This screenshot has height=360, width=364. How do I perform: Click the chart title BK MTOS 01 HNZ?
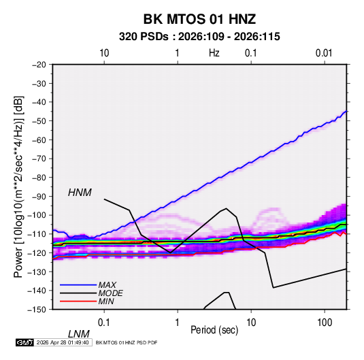click(x=199, y=19)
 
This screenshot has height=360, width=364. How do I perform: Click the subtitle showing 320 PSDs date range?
click(x=199, y=37)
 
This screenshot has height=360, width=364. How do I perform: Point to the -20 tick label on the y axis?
click(x=39, y=65)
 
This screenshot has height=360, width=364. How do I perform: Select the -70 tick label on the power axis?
click(x=39, y=159)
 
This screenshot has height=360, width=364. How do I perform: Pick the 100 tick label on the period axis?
click(x=325, y=323)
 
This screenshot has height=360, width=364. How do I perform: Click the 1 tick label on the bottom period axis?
click(x=178, y=323)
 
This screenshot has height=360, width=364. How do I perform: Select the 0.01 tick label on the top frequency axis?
click(x=324, y=53)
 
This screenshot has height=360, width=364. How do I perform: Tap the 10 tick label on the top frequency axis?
click(x=104, y=53)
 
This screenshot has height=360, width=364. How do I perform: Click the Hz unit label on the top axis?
click(x=214, y=53)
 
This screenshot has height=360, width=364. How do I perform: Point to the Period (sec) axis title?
click(x=214, y=330)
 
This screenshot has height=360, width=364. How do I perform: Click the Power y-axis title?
click(x=18, y=187)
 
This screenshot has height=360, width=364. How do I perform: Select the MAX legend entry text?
click(x=107, y=285)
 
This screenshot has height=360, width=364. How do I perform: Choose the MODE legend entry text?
click(x=110, y=293)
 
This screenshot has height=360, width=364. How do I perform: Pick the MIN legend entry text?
click(x=106, y=301)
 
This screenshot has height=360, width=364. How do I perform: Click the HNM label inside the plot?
click(x=80, y=193)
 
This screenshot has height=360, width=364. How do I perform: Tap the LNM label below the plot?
click(x=78, y=334)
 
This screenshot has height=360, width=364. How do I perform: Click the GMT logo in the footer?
click(x=24, y=342)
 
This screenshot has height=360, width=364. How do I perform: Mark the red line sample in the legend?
click(x=78, y=301)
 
